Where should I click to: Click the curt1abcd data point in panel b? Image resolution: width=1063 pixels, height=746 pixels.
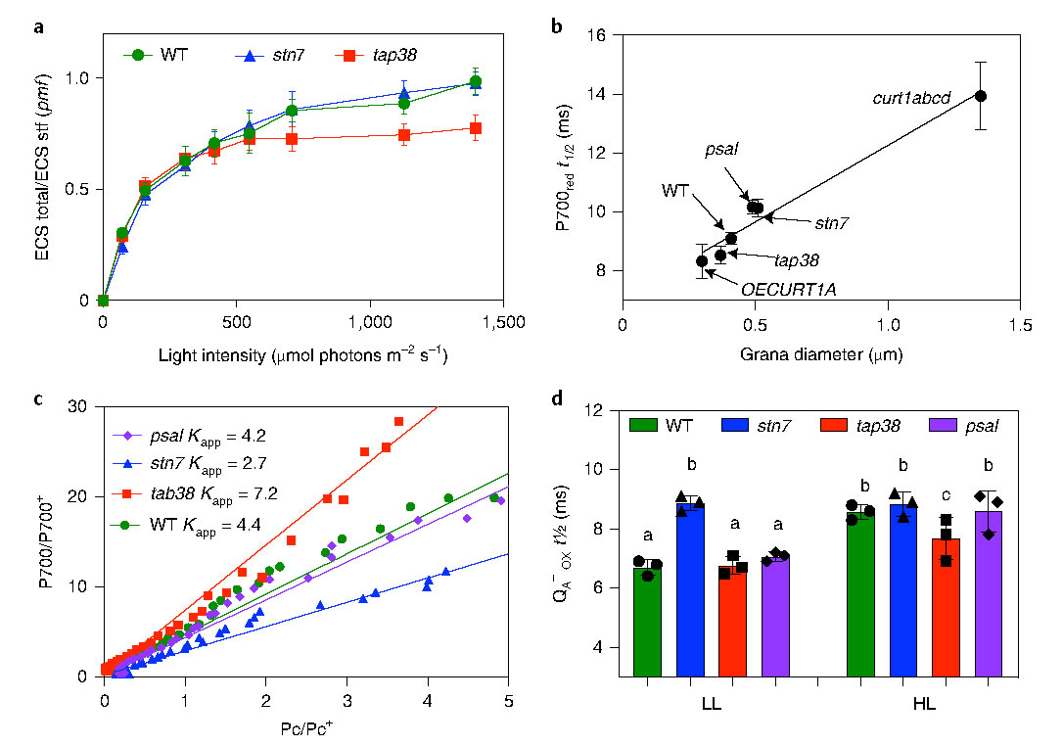981,96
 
